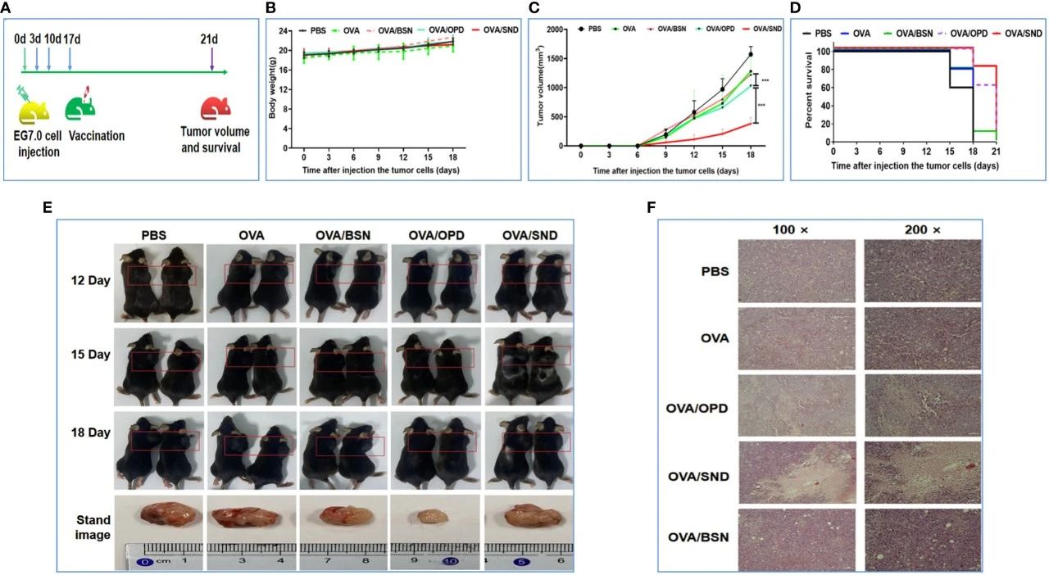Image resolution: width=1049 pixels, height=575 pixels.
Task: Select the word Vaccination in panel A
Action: pyautogui.click(x=97, y=136)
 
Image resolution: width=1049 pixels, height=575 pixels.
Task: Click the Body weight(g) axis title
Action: pyautogui.click(x=274, y=89)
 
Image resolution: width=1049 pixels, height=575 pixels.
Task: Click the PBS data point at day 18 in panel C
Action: pyautogui.click(x=750, y=55)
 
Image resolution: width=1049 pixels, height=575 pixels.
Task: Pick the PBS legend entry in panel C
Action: pyautogui.click(x=588, y=29)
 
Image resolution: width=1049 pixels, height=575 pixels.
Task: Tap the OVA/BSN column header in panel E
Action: pyautogui.click(x=342, y=234)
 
